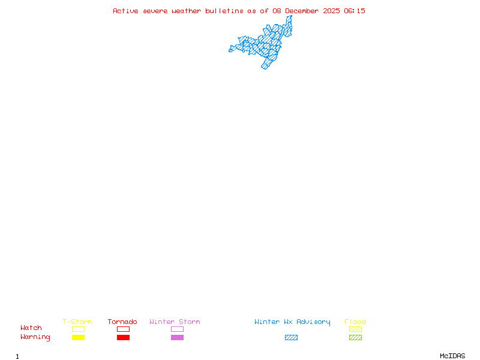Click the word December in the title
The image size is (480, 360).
304,11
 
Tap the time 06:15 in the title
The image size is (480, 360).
355,11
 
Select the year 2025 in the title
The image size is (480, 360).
332,11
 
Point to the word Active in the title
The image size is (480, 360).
126,11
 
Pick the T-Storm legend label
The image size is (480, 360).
77,322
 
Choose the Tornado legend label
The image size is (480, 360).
122,322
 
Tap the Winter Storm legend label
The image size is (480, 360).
175,322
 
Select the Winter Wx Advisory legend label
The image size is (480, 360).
292,322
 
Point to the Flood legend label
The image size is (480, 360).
355,322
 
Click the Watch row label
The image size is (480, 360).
31,328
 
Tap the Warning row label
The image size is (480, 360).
35,337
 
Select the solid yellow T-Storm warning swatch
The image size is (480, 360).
78,338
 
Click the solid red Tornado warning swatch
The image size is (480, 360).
123,338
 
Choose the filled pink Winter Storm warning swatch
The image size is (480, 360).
177,338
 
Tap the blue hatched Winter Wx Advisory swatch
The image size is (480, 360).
291,338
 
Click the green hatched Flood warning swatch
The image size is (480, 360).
355,338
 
